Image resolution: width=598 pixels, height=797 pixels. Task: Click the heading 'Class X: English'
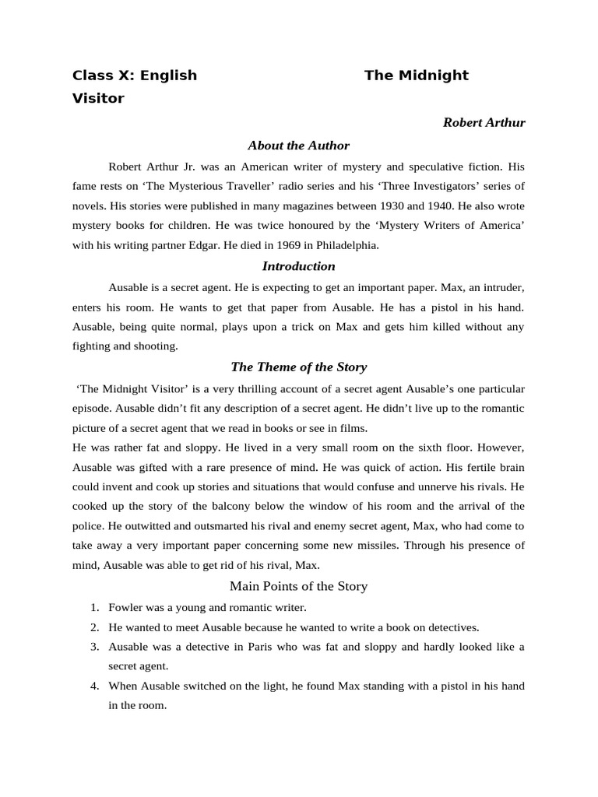pos(134,75)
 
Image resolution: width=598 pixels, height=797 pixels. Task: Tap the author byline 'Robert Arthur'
pos(484,123)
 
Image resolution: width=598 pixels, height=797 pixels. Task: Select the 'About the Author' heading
pos(298,146)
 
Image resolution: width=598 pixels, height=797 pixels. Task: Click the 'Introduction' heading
pos(298,266)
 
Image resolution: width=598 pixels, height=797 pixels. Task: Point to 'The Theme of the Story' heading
pos(298,367)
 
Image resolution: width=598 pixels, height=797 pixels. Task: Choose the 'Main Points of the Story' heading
pos(298,586)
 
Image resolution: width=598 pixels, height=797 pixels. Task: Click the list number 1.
pos(93,607)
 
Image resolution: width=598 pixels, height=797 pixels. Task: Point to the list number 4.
pos(93,686)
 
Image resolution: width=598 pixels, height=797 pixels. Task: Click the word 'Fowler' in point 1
pos(125,607)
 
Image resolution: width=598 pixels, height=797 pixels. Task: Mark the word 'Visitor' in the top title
pos(98,99)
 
